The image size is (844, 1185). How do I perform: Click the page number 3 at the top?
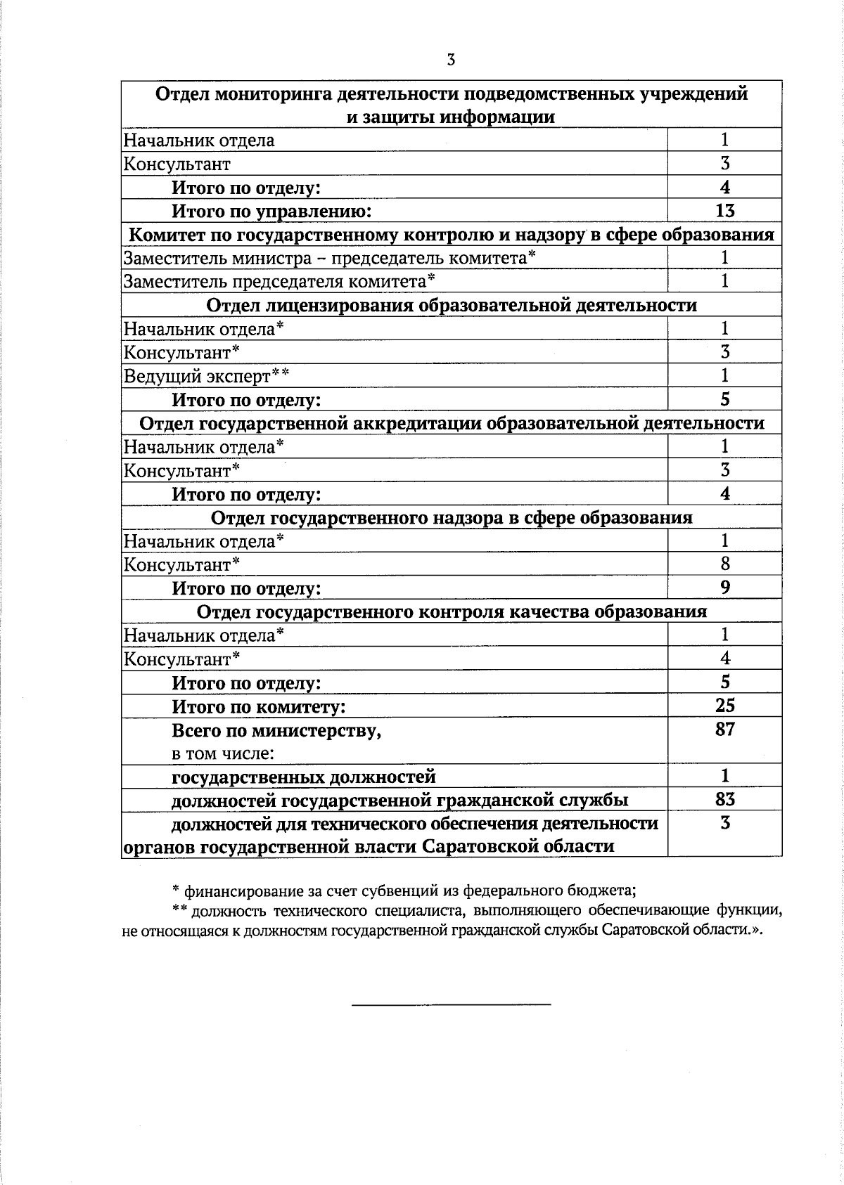pyautogui.click(x=451, y=60)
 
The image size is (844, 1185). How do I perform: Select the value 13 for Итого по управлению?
pyautogui.click(x=724, y=210)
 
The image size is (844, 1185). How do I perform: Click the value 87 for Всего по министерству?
pyautogui.click(x=724, y=729)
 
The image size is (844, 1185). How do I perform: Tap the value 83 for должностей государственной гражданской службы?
pyautogui.click(x=724, y=799)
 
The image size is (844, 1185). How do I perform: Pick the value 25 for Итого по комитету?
pyautogui.click(x=724, y=705)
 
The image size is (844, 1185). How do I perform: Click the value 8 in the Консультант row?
pyautogui.click(x=725, y=564)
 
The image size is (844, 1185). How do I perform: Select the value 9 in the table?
pyautogui.click(x=725, y=587)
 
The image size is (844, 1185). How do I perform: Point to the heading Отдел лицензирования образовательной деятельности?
pyautogui.click(x=452, y=305)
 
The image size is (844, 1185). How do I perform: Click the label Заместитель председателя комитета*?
pyautogui.click(x=279, y=282)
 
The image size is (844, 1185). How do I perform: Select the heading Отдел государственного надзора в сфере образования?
pyautogui.click(x=452, y=517)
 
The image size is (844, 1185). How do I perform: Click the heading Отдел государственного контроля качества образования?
pyautogui.click(x=452, y=611)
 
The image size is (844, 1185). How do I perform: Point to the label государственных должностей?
pyautogui.click(x=304, y=777)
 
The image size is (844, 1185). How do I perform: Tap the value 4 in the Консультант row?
pyautogui.click(x=725, y=658)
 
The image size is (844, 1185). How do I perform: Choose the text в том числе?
pyautogui.click(x=223, y=753)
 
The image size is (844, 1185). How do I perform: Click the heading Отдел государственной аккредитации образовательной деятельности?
pyautogui.click(x=452, y=423)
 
